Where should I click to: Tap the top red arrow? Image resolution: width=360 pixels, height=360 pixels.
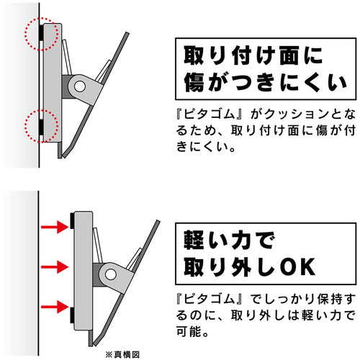(54, 228)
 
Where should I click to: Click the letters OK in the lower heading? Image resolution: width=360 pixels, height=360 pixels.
(297, 266)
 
